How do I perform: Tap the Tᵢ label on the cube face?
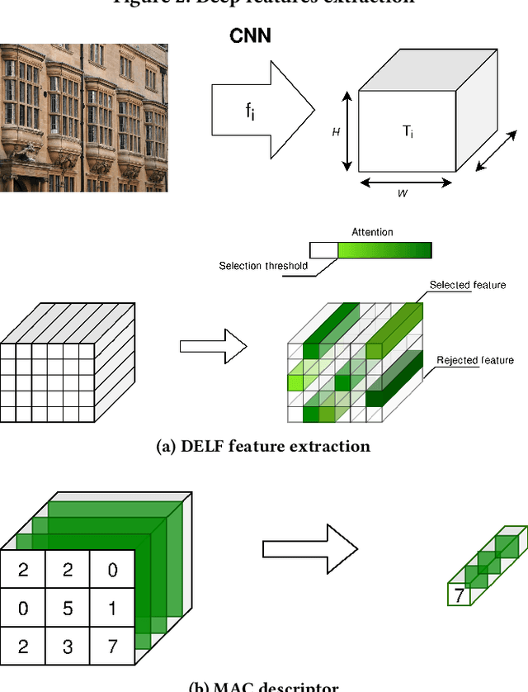[x=407, y=131]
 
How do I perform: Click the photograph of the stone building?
[x=83, y=117]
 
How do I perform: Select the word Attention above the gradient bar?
[x=372, y=233]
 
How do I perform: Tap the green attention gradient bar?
[x=384, y=250]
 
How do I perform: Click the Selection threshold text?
[x=263, y=266]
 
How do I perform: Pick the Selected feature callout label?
[x=467, y=285]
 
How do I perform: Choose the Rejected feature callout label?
[x=474, y=360]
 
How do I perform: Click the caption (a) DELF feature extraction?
[x=263, y=447]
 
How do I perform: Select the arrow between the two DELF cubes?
[x=213, y=346]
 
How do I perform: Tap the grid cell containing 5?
[x=68, y=609]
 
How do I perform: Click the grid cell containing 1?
[x=112, y=609]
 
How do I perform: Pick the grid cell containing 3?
[x=68, y=647]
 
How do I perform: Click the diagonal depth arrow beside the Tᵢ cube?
[x=497, y=150]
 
